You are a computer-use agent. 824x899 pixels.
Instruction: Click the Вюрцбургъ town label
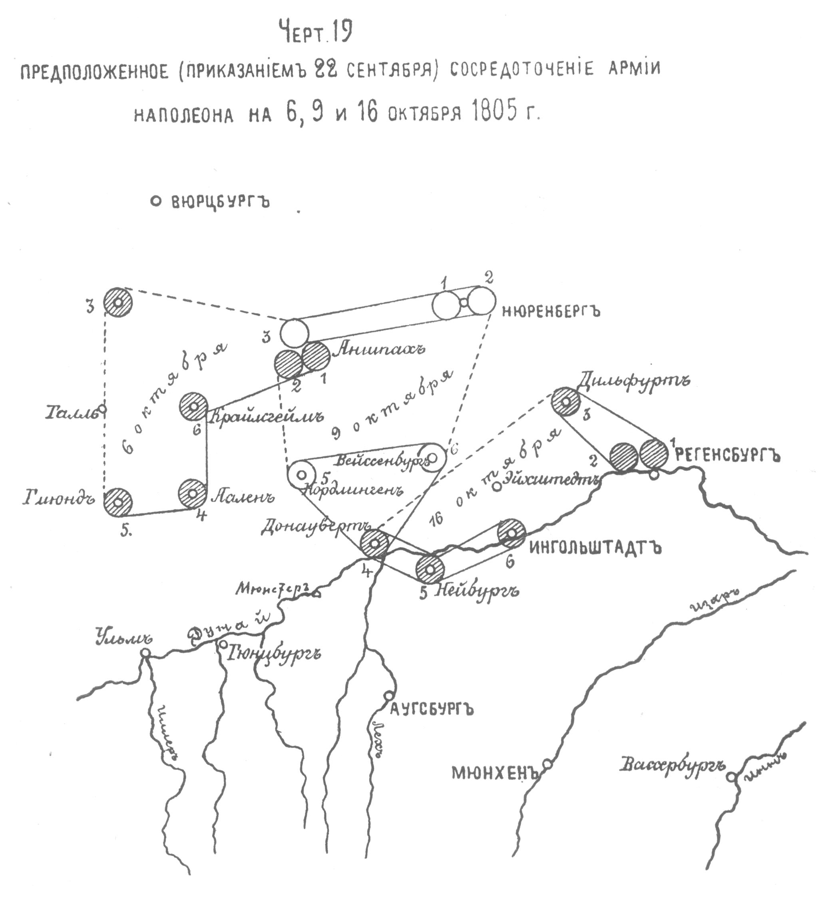[220, 202]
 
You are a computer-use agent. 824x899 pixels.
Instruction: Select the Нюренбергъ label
[551, 311]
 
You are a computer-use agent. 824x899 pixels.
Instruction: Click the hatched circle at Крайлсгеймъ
[194, 406]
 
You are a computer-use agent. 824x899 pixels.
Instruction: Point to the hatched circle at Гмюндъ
[118, 501]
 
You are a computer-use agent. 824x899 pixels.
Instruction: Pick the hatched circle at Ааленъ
[193, 493]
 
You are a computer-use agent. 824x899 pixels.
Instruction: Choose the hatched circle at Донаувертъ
[374, 543]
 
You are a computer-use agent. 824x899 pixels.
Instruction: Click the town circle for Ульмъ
[145, 653]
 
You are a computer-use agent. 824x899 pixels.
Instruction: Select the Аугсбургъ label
[431, 709]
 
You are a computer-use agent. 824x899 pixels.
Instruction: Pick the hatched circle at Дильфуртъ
[566, 401]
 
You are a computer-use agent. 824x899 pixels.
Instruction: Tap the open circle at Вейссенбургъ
[431, 458]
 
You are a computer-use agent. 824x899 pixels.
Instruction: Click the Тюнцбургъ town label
[275, 655]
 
